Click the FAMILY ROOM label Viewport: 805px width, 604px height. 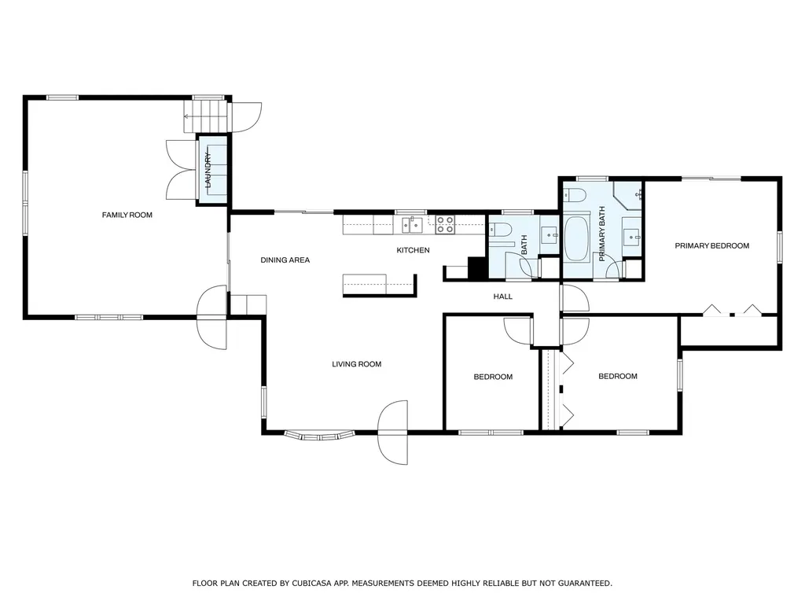tap(127, 215)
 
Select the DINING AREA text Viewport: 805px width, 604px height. tap(285, 260)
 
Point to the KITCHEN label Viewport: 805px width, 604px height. tap(413, 250)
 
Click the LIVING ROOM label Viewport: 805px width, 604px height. tap(356, 364)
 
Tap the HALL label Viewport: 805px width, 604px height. tap(502, 296)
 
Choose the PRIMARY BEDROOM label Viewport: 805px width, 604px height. tap(711, 246)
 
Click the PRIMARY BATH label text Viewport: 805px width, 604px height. tap(602, 234)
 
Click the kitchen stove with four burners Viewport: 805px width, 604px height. tap(445, 225)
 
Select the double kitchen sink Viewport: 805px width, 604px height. tap(413, 226)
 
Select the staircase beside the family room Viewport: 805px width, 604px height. tap(208, 116)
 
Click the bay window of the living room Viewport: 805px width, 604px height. tap(318, 434)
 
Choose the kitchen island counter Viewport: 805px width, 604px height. tap(378, 285)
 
